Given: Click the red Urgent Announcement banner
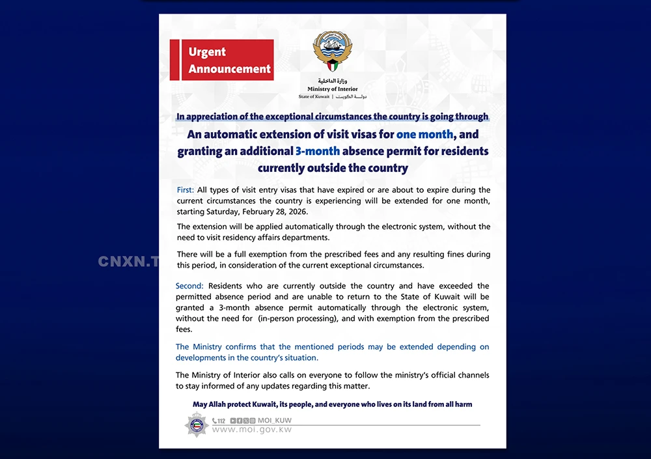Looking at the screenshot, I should pyautogui.click(x=221, y=60).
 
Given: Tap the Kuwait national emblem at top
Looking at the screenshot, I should pyautogui.click(x=333, y=53).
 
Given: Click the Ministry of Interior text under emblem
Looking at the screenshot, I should pyautogui.click(x=333, y=89).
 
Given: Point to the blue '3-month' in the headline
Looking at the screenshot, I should pyautogui.click(x=318, y=151).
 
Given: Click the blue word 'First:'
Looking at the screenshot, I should pyautogui.click(x=185, y=190).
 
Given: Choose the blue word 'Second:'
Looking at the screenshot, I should pyautogui.click(x=189, y=286).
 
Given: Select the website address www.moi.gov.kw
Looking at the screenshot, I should pyautogui.click(x=252, y=430).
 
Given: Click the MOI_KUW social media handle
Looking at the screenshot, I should pyautogui.click(x=275, y=421).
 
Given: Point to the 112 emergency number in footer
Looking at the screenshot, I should pyautogui.click(x=219, y=421).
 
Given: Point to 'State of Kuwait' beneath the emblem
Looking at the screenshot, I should pyautogui.click(x=314, y=96).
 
